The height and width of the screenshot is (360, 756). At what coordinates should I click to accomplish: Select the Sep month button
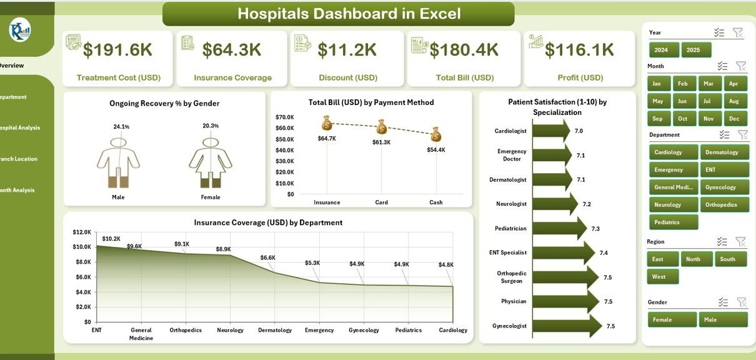click(x=658, y=119)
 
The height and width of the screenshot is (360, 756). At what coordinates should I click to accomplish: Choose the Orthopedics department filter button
click(x=724, y=205)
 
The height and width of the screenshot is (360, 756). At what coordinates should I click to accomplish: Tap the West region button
click(x=662, y=276)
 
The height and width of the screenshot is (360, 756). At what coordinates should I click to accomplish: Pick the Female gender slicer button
click(x=672, y=319)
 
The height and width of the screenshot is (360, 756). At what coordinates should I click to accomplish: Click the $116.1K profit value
click(x=580, y=50)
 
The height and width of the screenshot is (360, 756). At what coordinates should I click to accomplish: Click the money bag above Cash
click(x=436, y=134)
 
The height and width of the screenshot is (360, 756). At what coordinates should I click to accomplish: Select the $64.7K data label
click(x=326, y=138)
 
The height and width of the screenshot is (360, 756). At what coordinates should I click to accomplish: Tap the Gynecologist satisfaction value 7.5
click(x=610, y=326)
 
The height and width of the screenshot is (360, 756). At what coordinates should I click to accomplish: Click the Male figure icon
click(x=118, y=162)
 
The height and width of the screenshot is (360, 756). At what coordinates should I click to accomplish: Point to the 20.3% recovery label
click(x=211, y=126)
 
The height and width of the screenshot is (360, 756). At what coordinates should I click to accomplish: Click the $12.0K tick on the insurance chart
click(x=82, y=232)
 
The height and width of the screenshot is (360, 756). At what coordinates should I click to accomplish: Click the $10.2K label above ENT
click(x=111, y=238)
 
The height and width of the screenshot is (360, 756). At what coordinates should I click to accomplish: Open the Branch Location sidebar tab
click(x=19, y=159)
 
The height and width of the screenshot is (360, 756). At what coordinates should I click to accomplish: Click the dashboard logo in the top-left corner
click(x=20, y=29)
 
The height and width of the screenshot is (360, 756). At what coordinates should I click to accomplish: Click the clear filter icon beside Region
click(x=740, y=242)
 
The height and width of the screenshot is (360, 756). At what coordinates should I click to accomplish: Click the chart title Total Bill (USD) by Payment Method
click(x=371, y=102)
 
